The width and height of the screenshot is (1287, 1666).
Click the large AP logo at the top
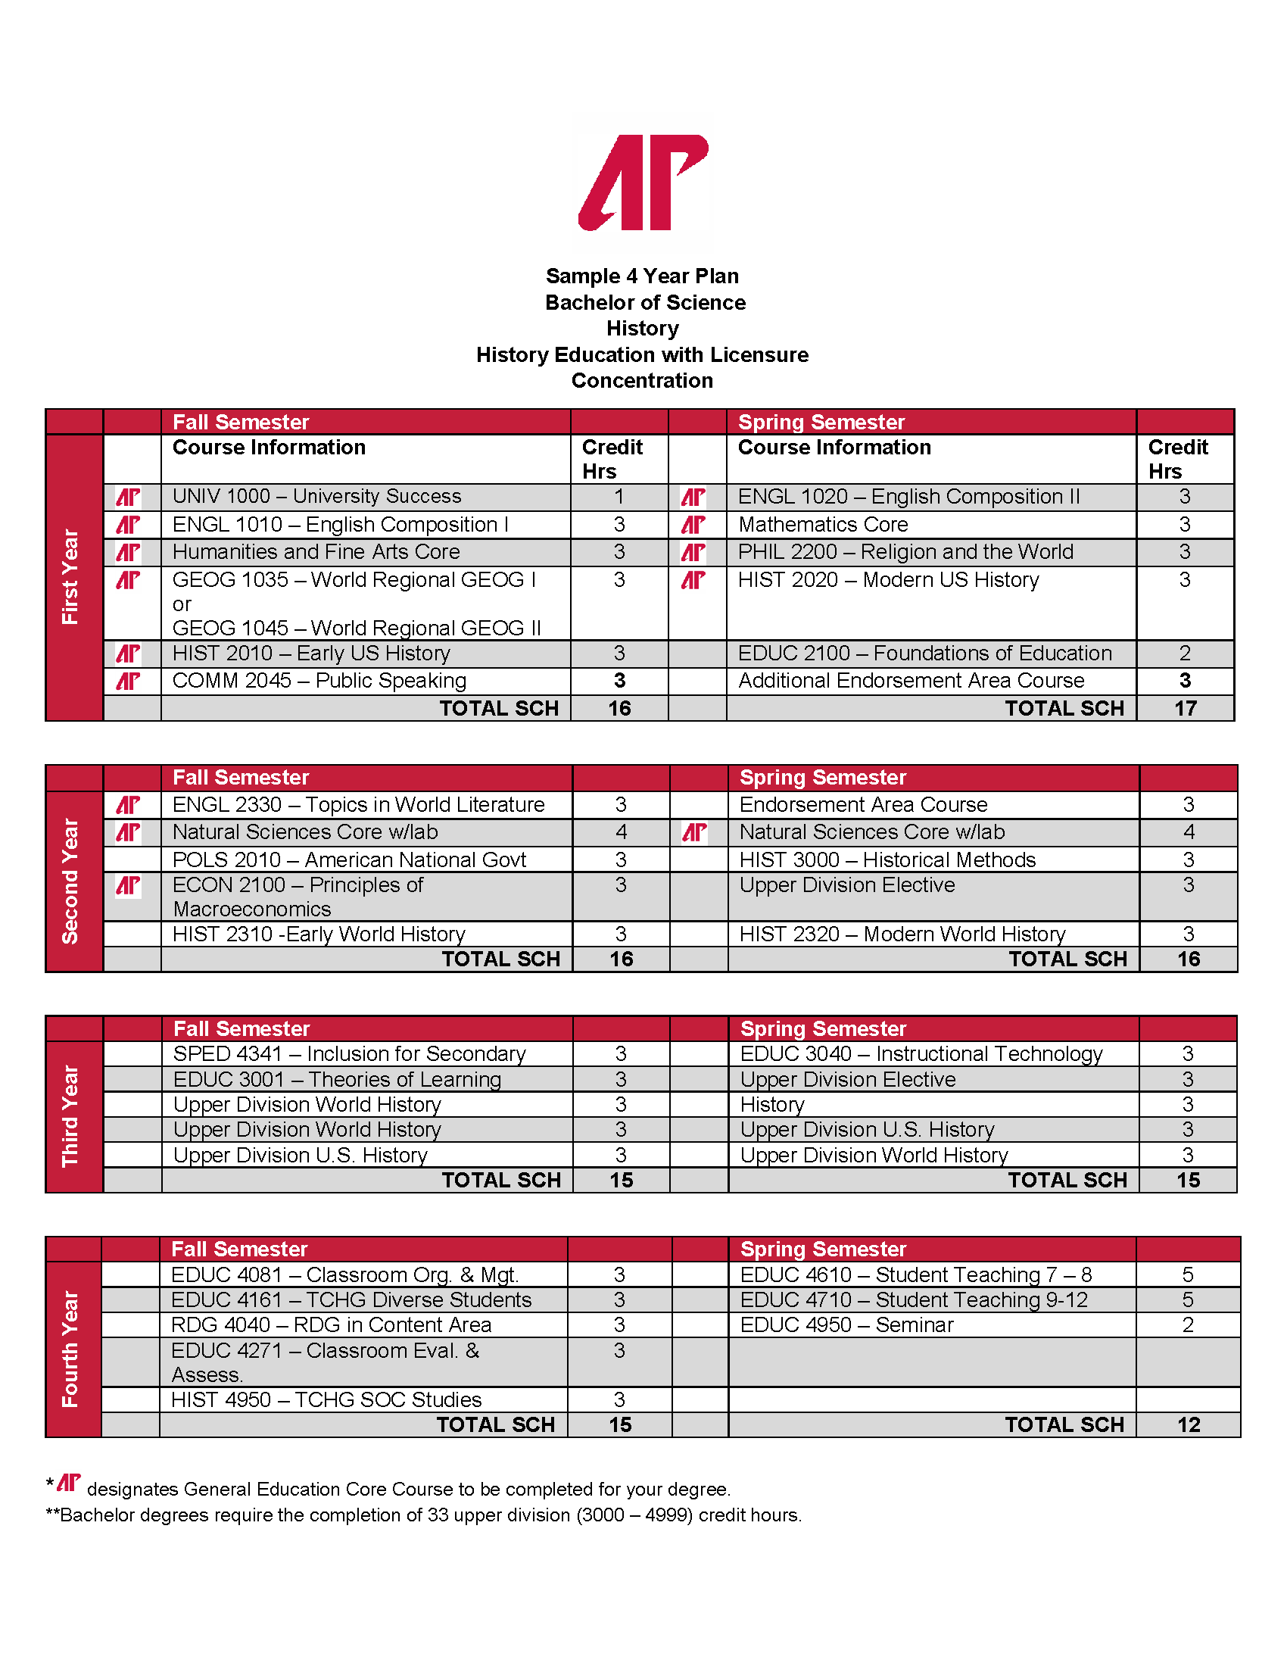point(643,183)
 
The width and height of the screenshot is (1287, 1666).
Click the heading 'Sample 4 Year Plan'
point(642,276)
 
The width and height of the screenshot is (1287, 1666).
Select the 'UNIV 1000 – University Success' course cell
point(316,497)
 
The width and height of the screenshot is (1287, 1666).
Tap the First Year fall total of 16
point(619,709)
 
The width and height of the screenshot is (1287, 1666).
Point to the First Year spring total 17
point(1185,709)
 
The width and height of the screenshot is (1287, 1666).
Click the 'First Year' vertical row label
point(70,577)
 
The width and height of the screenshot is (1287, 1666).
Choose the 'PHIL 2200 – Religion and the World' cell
point(905,552)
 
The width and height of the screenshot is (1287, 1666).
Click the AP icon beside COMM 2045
point(128,682)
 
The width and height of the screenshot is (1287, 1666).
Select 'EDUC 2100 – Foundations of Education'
point(924,654)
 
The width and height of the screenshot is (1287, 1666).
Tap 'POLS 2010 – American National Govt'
point(349,860)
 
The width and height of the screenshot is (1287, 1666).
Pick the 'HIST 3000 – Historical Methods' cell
point(887,860)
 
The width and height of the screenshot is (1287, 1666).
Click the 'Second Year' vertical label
point(70,881)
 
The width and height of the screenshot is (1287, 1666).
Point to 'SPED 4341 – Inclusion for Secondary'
point(349,1054)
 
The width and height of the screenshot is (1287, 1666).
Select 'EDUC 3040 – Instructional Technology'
point(921,1054)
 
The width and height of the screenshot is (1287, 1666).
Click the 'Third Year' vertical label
point(70,1116)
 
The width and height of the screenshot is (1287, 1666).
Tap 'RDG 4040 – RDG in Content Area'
point(331,1325)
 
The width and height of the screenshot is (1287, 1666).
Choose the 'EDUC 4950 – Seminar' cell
point(846,1325)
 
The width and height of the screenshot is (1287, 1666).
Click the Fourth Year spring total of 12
point(1188,1425)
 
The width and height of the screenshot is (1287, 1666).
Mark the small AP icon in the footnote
point(69,1483)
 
